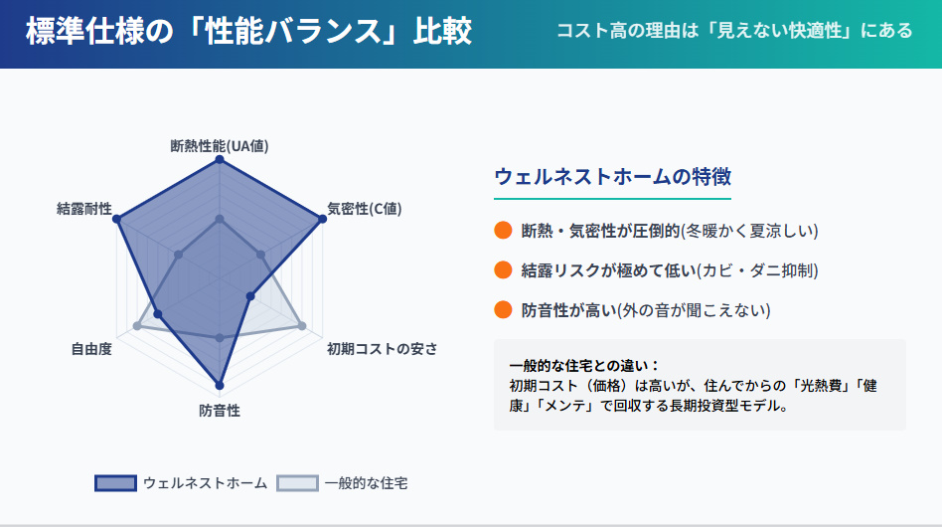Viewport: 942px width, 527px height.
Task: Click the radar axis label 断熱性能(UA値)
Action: tap(220, 146)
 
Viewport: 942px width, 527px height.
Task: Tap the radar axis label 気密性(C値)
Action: tap(364, 209)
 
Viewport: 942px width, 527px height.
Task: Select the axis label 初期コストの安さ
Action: tap(382, 349)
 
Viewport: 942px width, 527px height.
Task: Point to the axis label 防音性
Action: tap(220, 410)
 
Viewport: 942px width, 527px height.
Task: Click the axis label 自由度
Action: tap(90, 349)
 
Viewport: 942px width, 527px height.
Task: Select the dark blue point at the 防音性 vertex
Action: tap(220, 385)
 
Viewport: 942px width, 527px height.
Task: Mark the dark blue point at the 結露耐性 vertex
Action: tap(117, 219)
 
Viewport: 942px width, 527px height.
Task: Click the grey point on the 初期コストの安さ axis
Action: tap(301, 325)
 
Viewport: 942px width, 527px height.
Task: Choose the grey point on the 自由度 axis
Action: tap(137, 325)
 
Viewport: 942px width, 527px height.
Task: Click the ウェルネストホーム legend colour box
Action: tap(115, 483)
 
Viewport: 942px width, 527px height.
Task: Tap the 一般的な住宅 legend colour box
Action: tap(297, 483)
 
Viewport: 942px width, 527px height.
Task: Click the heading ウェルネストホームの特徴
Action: tap(612, 177)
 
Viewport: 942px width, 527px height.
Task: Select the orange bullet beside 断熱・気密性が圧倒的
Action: tap(503, 231)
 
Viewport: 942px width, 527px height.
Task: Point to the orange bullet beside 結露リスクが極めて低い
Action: tap(503, 270)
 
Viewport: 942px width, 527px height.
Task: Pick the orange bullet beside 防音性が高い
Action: tap(503, 310)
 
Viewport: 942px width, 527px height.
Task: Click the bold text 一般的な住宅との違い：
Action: tap(584, 365)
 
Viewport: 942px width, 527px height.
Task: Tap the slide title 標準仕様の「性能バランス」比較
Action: tap(248, 32)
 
